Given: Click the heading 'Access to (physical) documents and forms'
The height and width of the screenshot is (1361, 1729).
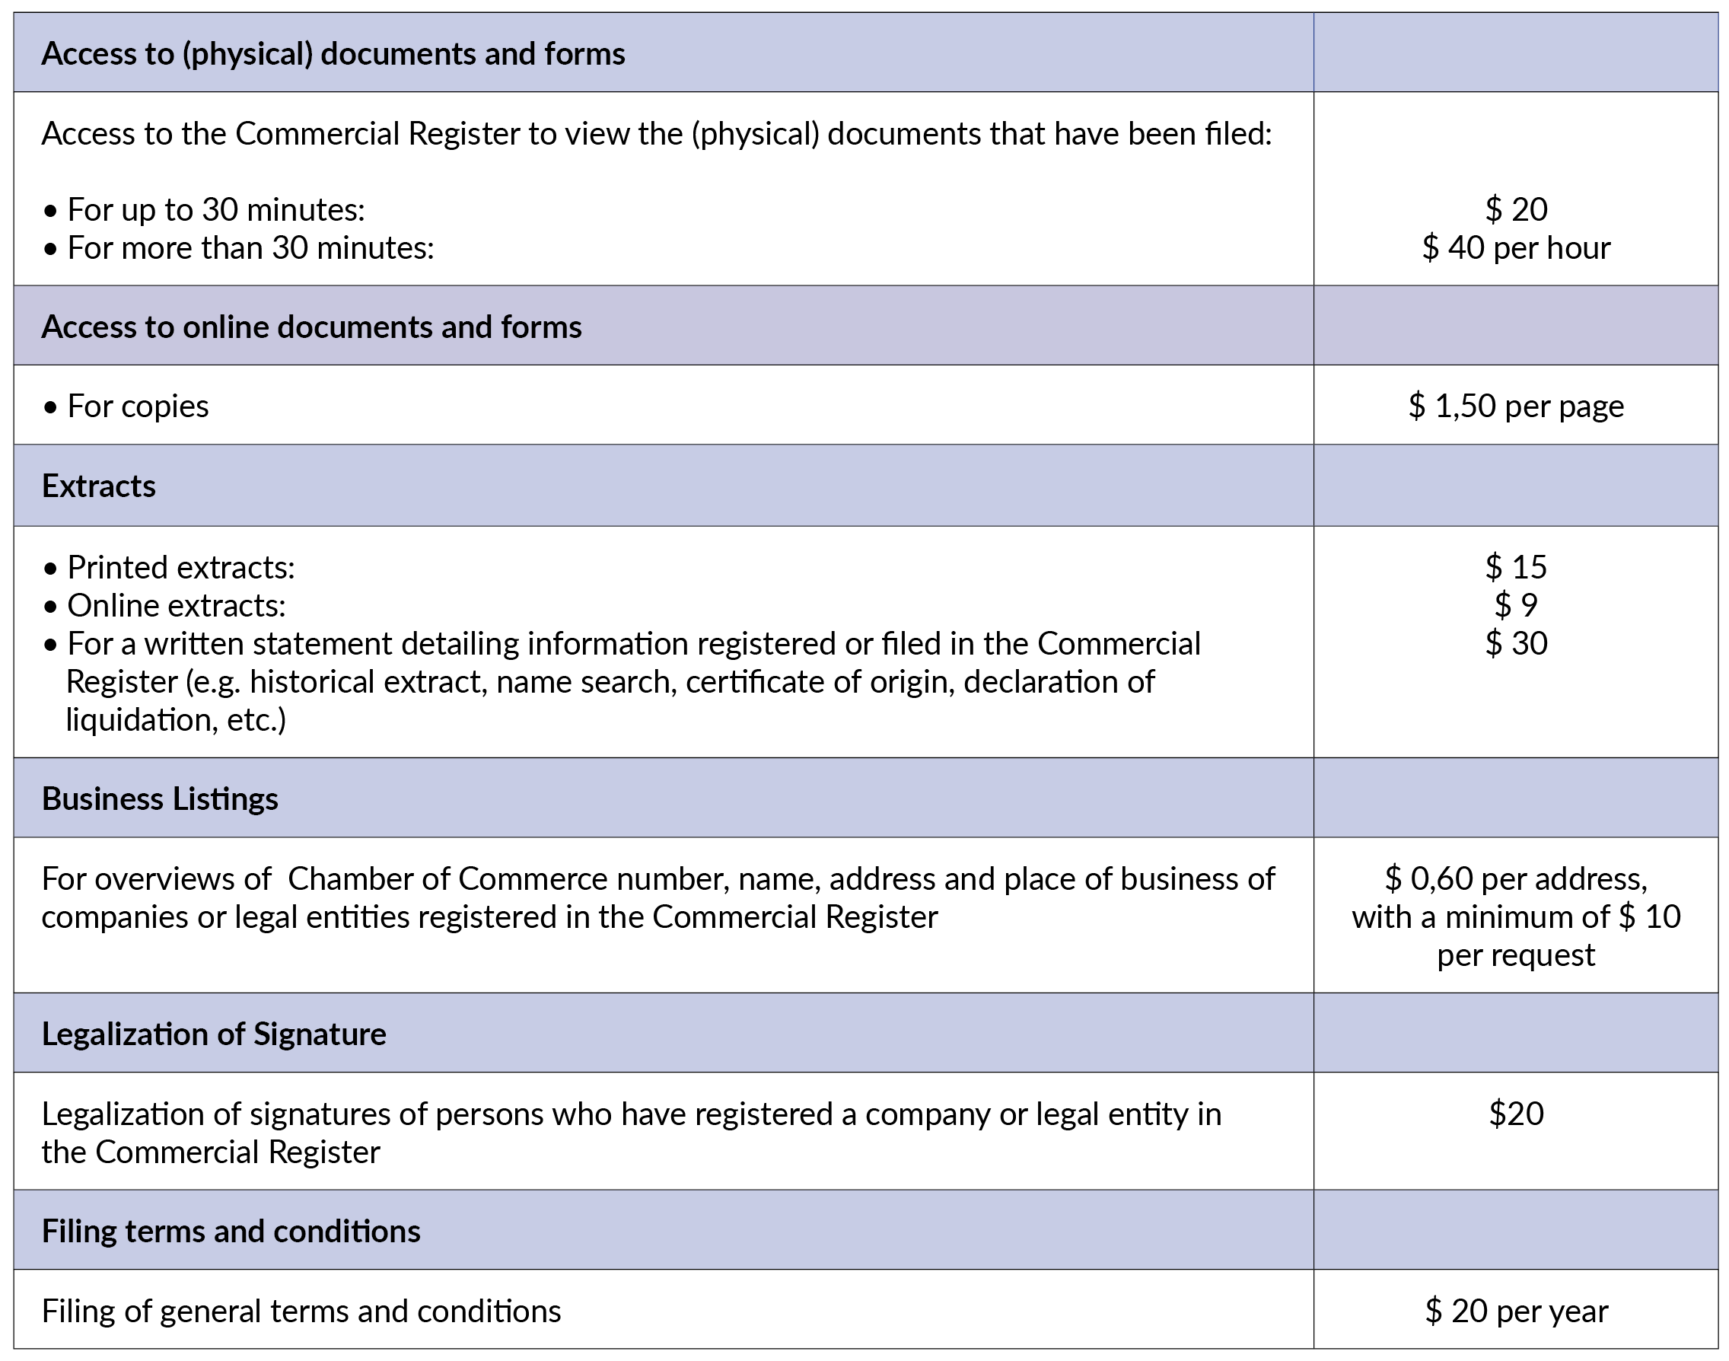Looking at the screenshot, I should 333,54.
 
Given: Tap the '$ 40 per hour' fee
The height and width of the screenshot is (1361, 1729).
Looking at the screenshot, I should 1515,248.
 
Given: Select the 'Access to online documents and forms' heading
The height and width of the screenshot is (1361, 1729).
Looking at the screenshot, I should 311,327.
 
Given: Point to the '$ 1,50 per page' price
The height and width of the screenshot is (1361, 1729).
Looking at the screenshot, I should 1515,406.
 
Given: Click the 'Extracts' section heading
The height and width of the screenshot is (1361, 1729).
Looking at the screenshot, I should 99,486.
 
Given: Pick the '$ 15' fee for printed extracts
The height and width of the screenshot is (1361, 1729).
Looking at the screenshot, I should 1515,567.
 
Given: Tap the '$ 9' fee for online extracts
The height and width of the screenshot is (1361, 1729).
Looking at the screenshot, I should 1515,606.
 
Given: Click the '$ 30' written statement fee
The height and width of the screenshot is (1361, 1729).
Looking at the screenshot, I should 1515,643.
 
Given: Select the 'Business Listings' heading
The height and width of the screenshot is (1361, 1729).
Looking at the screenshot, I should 160,799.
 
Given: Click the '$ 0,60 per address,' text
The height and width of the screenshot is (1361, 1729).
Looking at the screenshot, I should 1515,879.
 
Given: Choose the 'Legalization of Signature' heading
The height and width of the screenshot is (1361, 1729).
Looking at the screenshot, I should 214,1034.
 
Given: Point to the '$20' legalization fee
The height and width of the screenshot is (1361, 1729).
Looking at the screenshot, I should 1515,1114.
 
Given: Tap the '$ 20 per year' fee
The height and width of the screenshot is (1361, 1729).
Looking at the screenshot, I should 1515,1312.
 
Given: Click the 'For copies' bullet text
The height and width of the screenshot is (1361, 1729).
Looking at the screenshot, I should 138,406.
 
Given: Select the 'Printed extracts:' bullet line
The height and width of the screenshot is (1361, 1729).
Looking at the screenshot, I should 181,567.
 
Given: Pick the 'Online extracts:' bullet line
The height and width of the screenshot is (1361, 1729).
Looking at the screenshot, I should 176,606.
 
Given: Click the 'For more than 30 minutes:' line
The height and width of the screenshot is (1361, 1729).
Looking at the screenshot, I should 250,248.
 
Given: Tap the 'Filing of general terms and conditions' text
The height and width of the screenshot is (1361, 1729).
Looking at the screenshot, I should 301,1312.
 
